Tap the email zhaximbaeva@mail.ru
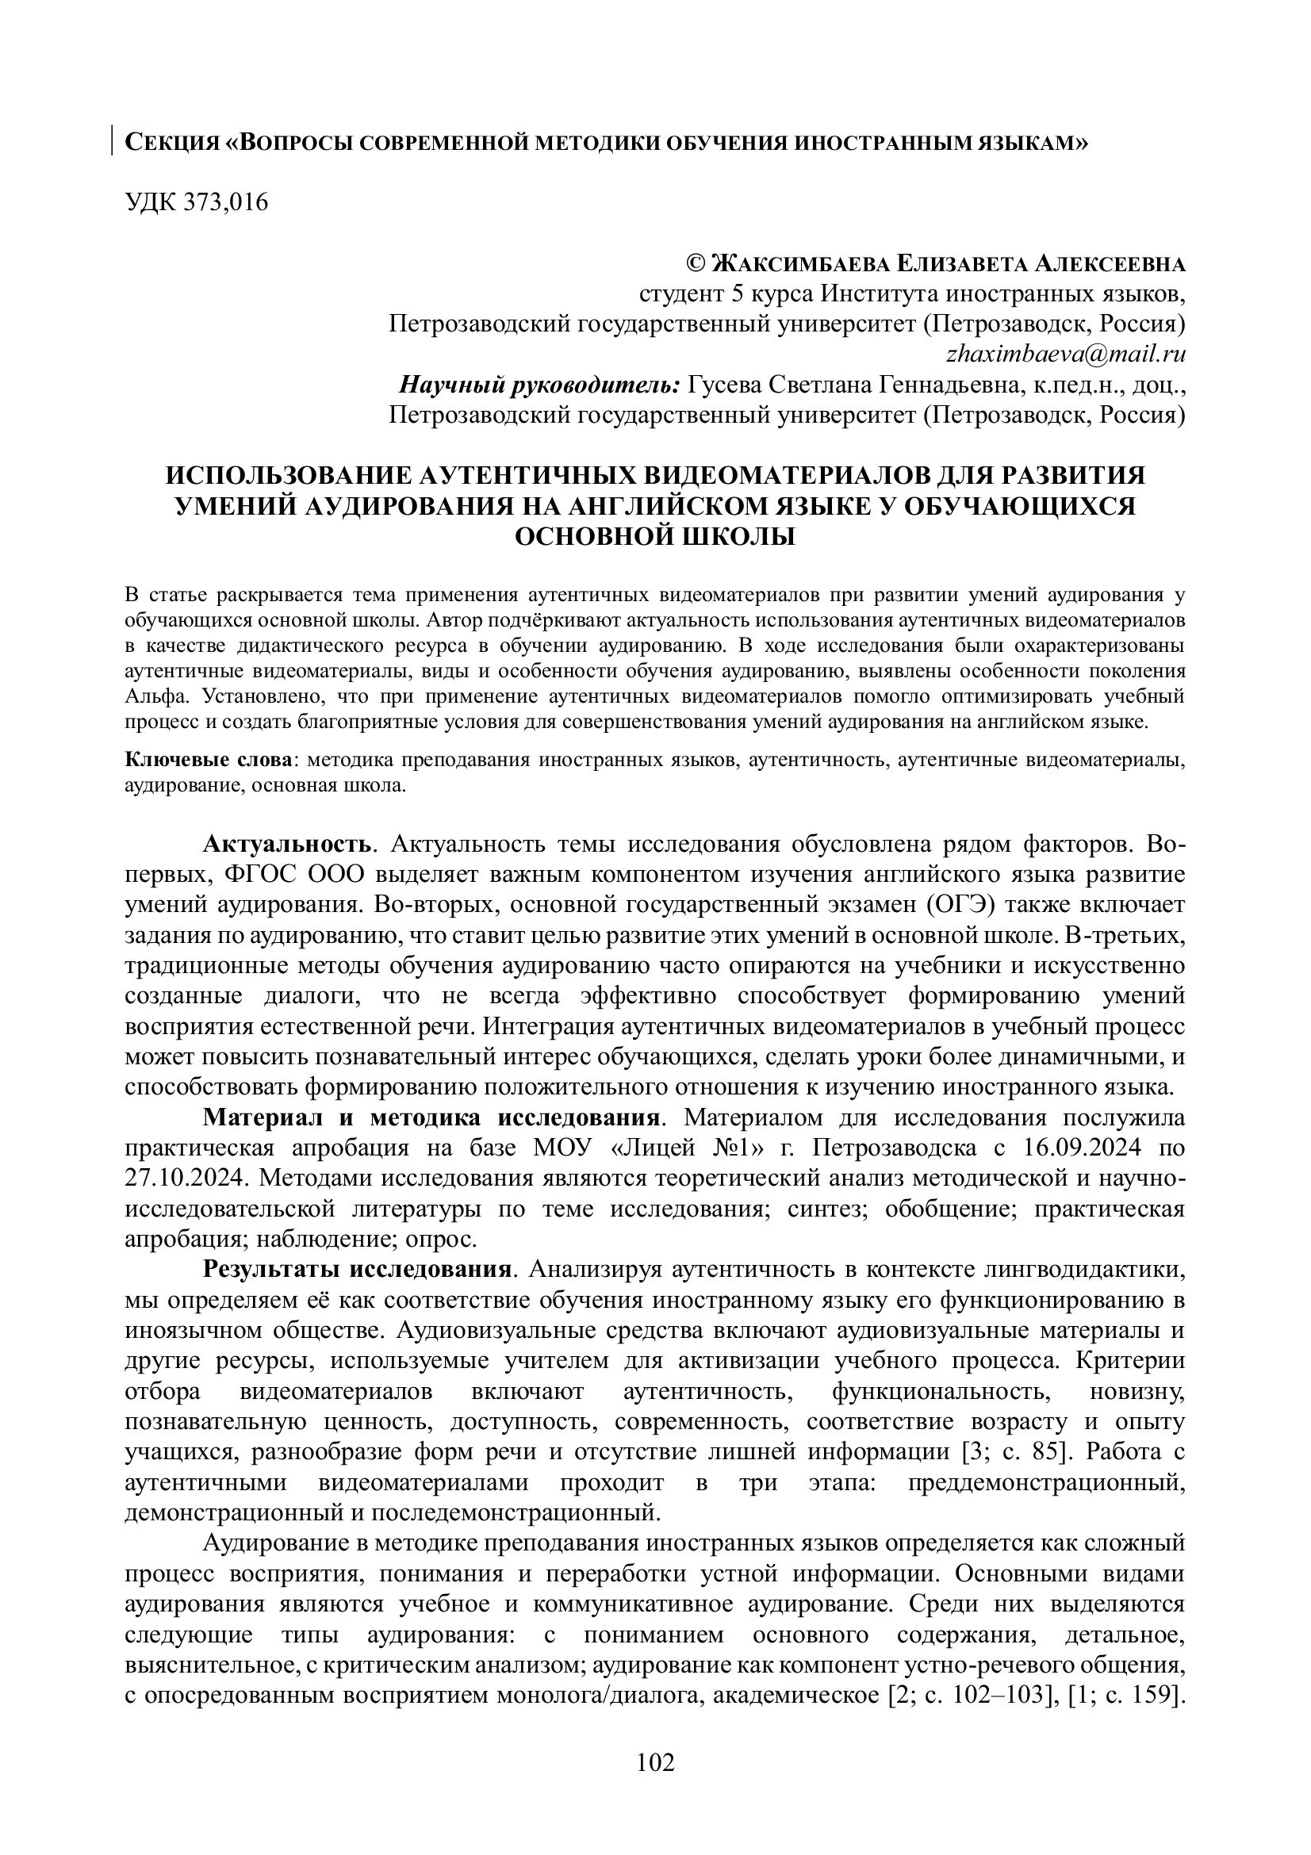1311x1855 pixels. point(1064,354)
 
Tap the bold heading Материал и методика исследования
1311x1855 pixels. point(431,1118)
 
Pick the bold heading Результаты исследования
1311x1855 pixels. point(356,1269)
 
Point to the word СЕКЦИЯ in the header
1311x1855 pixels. point(172,143)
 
